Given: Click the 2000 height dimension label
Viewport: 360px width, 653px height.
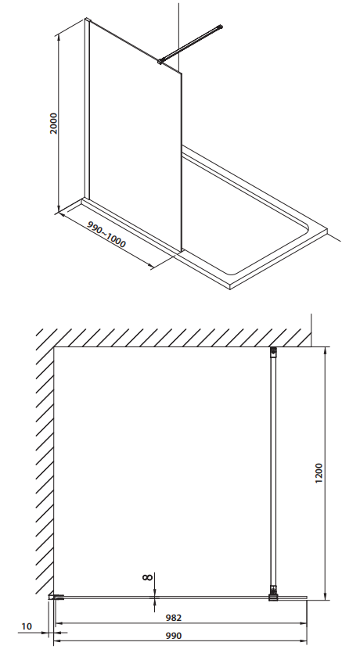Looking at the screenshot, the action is [54, 123].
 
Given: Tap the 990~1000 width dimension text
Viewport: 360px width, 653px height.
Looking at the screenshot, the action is [106, 234].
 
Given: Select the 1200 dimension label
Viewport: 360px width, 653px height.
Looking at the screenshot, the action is [319, 473].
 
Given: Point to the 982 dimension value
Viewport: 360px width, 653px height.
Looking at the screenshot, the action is [174, 618].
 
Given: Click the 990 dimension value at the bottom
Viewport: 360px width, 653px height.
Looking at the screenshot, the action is [174, 636].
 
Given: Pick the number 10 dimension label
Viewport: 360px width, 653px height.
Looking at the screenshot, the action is [27, 626].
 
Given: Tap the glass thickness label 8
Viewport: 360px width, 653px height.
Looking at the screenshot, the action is [147, 577].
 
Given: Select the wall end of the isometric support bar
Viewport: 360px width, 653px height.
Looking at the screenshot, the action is [220, 27].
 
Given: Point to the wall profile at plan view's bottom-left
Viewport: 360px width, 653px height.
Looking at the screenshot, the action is [56, 597].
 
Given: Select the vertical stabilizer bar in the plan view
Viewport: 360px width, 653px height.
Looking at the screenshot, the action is [273, 472].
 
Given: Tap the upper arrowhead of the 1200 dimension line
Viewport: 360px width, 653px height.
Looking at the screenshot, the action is [326, 350].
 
